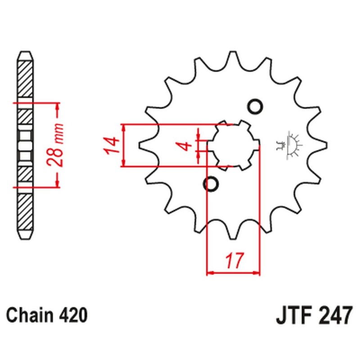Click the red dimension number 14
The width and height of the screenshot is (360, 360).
point(112,145)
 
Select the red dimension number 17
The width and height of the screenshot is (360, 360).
point(234,261)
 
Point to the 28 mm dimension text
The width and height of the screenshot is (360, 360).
point(55,144)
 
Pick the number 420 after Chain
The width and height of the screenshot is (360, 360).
point(73,315)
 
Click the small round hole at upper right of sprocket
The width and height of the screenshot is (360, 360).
point(255,106)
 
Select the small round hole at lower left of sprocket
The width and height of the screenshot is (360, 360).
point(211,184)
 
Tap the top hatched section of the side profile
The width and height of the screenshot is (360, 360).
point(25,79)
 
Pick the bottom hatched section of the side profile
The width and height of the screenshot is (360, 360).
point(25,211)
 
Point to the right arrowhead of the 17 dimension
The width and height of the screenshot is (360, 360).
point(256,273)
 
